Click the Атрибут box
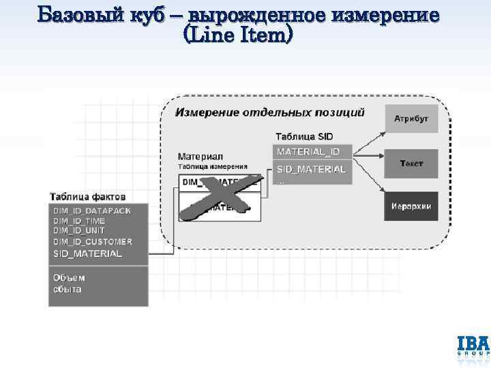[x=411, y=119]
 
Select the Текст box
[x=411, y=164]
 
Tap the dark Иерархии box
[x=411, y=206]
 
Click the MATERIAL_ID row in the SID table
[x=312, y=151]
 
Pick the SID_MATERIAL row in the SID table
[x=312, y=169]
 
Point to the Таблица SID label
[x=304, y=136]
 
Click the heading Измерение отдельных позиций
[x=270, y=112]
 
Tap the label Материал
[x=200, y=156]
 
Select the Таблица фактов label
[x=87, y=197]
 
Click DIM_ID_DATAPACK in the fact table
[x=92, y=211]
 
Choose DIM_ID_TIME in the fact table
[x=79, y=221]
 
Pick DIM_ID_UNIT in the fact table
[x=79, y=231]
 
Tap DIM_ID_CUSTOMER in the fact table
[x=93, y=241]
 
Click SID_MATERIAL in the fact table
[x=88, y=254]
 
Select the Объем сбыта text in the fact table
[x=70, y=283]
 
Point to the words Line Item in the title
[x=237, y=35]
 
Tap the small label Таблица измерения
[x=212, y=166]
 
